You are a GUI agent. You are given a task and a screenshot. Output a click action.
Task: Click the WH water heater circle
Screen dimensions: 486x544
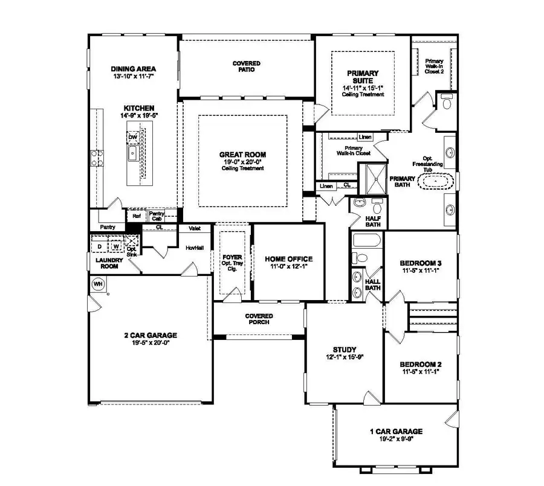97,283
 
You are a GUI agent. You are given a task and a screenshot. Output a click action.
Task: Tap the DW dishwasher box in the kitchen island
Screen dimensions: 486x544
132,138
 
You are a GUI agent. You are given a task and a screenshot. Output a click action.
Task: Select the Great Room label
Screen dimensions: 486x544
242,155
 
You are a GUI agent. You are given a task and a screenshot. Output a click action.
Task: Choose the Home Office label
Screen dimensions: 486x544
289,258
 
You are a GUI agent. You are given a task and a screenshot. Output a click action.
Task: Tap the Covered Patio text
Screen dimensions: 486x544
247,66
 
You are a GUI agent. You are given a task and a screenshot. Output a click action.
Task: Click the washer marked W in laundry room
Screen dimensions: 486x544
115,246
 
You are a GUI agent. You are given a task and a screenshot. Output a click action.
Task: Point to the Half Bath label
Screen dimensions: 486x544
372,221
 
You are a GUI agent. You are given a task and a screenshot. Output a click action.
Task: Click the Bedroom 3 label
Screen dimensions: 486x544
421,263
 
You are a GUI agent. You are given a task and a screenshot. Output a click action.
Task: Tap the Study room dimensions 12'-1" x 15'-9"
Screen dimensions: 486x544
345,357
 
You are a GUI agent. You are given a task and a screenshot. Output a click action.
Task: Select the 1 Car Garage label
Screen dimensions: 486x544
396,432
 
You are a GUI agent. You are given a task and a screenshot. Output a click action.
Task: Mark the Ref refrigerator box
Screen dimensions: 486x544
137,214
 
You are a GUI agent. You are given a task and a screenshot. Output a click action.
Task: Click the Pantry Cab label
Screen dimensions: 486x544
157,214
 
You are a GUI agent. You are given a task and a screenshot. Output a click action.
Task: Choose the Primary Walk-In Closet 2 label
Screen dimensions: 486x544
434,66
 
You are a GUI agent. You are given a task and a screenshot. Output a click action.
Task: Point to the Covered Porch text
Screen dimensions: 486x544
259,319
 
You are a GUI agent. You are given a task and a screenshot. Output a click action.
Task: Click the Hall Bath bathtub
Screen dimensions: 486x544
366,242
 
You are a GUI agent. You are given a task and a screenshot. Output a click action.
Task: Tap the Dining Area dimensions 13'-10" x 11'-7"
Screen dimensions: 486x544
134,77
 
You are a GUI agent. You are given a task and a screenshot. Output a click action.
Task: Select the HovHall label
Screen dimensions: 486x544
193,248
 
